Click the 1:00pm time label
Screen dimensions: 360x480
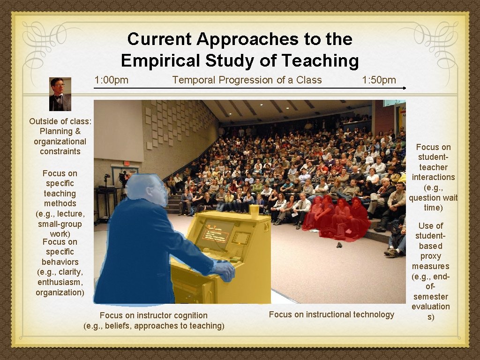[111, 80]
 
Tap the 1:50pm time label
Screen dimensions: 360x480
[379, 80]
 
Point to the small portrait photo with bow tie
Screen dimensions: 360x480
[60, 94]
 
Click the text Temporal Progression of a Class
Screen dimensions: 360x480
[247, 80]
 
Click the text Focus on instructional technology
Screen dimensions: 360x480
[331, 315]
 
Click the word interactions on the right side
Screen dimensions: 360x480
[433, 177]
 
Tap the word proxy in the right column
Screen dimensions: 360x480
[430, 256]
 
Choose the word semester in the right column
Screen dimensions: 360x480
[430, 297]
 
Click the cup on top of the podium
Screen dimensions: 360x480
[254, 211]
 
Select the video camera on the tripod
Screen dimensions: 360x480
[107, 179]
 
